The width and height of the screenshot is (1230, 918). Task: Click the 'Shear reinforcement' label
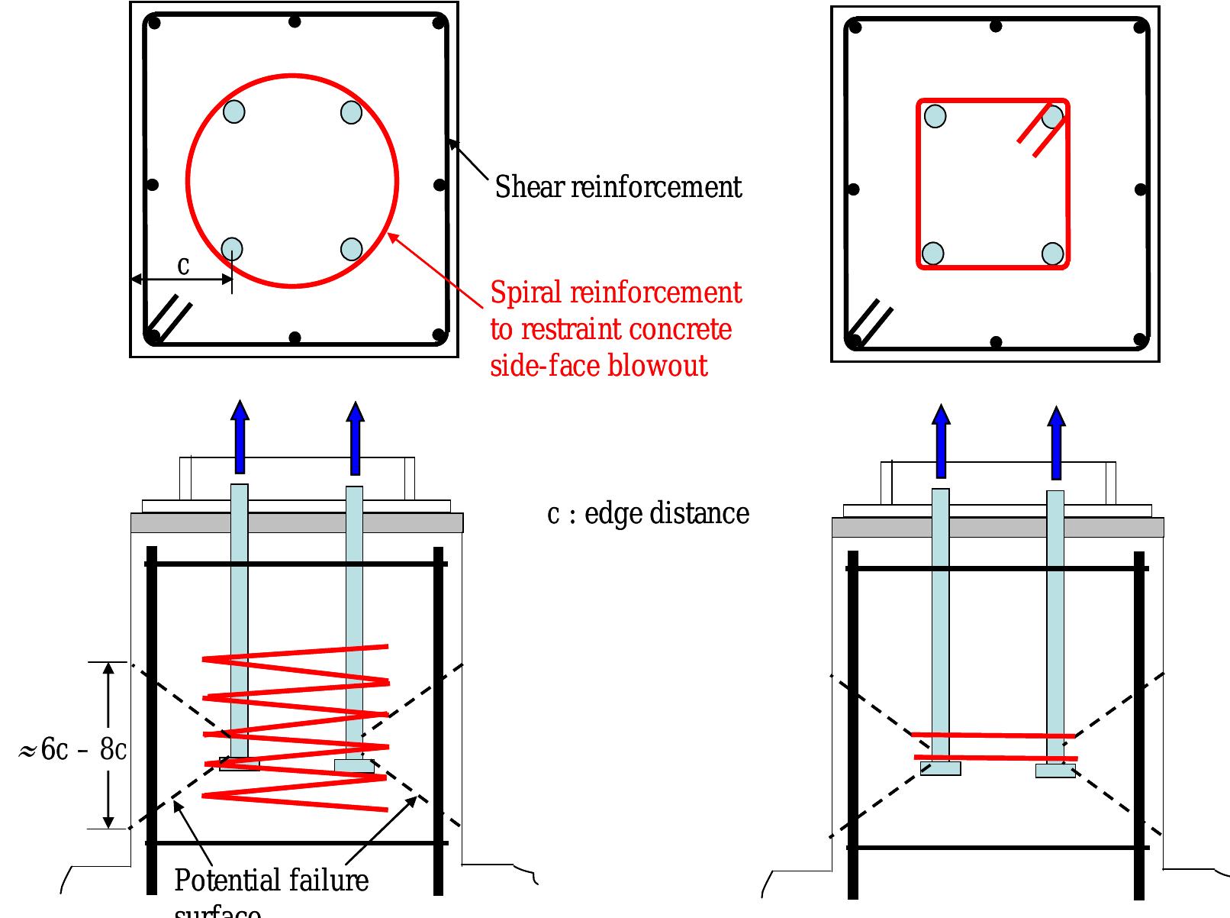(618, 187)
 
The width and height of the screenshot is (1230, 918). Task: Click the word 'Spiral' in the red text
(526, 293)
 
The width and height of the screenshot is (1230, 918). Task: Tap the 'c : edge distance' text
(648, 514)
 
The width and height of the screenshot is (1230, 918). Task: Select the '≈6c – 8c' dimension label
(72, 750)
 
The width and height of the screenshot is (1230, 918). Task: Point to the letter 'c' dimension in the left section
(183, 266)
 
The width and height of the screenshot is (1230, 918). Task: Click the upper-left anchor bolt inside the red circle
(234, 112)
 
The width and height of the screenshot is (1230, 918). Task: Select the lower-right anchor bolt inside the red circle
(351, 249)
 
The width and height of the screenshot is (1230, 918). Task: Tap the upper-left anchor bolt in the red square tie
(935, 116)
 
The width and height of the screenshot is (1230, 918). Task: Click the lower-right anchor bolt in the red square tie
(1052, 254)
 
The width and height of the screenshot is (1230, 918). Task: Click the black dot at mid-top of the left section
(295, 21)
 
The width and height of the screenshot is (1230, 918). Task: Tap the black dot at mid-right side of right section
(1141, 189)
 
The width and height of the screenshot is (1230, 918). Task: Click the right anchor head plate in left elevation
(354, 765)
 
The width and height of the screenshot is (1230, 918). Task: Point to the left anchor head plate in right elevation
(940, 769)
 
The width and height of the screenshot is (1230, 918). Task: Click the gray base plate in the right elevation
(997, 528)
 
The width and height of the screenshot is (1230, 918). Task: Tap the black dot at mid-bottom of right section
(996, 342)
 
